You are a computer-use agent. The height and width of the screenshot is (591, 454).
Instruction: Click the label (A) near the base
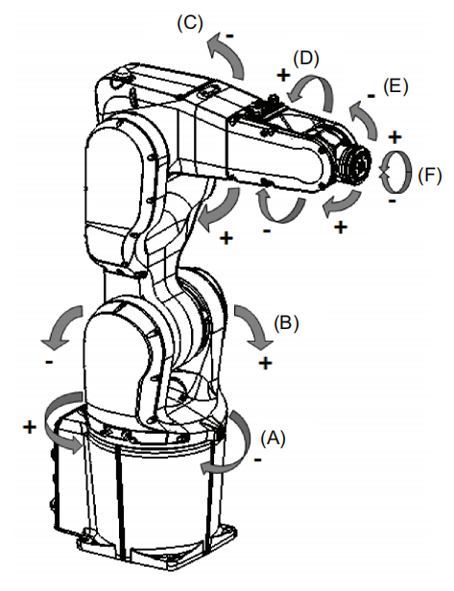[273, 437]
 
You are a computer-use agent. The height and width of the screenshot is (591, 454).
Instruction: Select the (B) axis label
[286, 323]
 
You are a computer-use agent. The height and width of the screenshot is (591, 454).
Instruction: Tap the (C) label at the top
[190, 23]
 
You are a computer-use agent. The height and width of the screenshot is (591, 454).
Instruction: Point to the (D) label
[306, 59]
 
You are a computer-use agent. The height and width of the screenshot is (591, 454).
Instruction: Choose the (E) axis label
[395, 86]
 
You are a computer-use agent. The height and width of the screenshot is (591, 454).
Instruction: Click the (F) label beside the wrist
[429, 176]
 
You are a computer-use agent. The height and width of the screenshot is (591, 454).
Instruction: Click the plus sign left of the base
[30, 427]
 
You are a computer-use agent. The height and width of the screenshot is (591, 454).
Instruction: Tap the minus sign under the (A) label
[258, 460]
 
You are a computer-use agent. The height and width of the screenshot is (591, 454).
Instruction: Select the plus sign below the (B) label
[266, 363]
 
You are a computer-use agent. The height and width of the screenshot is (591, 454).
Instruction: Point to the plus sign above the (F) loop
[394, 137]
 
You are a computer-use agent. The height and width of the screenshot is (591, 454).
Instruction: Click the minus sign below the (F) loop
[393, 201]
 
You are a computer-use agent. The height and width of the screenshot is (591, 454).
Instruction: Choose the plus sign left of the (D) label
[283, 75]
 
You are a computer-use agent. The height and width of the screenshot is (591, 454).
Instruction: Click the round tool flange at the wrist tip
[358, 165]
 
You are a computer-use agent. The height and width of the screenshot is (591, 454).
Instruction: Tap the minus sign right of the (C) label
[229, 36]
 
